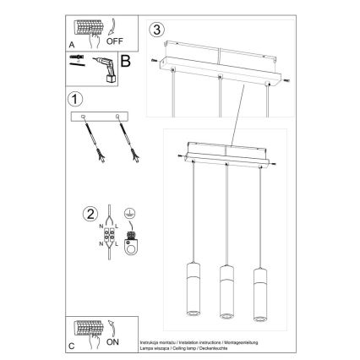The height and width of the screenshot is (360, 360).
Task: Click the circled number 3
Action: (155, 31)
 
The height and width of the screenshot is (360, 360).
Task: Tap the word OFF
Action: (115, 38)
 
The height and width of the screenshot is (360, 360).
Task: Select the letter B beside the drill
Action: (123, 60)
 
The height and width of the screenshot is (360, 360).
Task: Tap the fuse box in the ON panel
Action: (85, 329)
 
